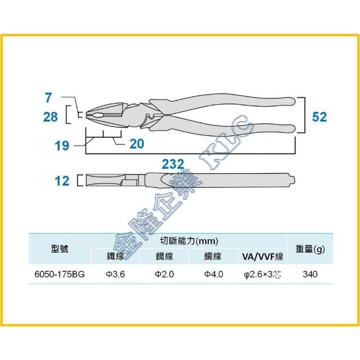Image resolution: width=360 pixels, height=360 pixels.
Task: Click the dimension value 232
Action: tap(173, 164)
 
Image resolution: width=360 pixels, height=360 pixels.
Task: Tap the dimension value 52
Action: tap(319, 117)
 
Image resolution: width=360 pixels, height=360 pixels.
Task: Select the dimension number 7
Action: tap(48, 97)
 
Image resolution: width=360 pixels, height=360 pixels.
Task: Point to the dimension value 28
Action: tap(51, 117)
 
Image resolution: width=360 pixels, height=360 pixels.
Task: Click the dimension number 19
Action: tap(62, 146)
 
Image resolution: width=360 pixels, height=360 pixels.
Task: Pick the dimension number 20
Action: tap(137, 144)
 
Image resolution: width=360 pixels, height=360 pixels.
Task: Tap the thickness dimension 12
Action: tap(62, 181)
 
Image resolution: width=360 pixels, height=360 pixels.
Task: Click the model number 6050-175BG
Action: tap(60, 274)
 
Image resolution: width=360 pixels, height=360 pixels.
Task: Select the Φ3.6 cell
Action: tap(115, 274)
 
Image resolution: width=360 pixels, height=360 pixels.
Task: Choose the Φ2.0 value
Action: tap(164, 274)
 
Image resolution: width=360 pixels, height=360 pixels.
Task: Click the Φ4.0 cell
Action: tap(214, 274)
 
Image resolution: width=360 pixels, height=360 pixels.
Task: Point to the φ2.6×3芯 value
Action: tap(263, 274)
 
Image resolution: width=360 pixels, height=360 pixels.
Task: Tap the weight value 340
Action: tap(310, 274)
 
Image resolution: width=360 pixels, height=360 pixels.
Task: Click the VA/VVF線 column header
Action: tap(263, 256)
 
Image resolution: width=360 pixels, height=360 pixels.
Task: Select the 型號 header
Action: tap(60, 249)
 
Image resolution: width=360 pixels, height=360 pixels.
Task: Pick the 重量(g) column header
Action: tap(310, 249)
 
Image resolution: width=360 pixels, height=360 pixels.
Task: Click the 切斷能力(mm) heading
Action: tap(189, 241)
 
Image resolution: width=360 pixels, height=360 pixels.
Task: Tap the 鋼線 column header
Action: tap(164, 256)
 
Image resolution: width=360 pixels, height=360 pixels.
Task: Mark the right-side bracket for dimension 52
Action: tap(305, 115)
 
